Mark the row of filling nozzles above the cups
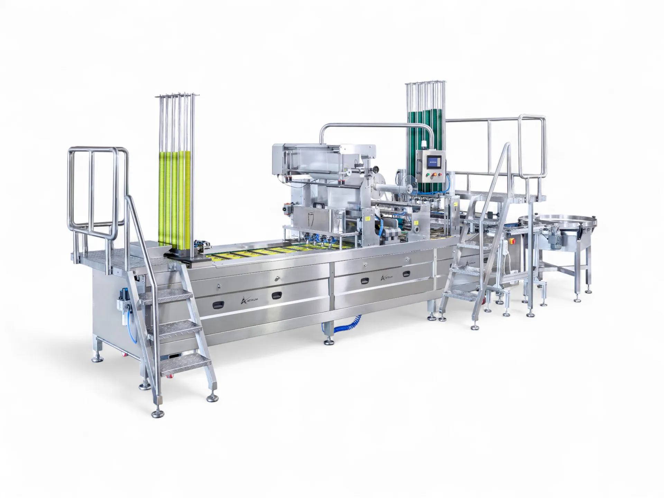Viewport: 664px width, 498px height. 318,239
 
